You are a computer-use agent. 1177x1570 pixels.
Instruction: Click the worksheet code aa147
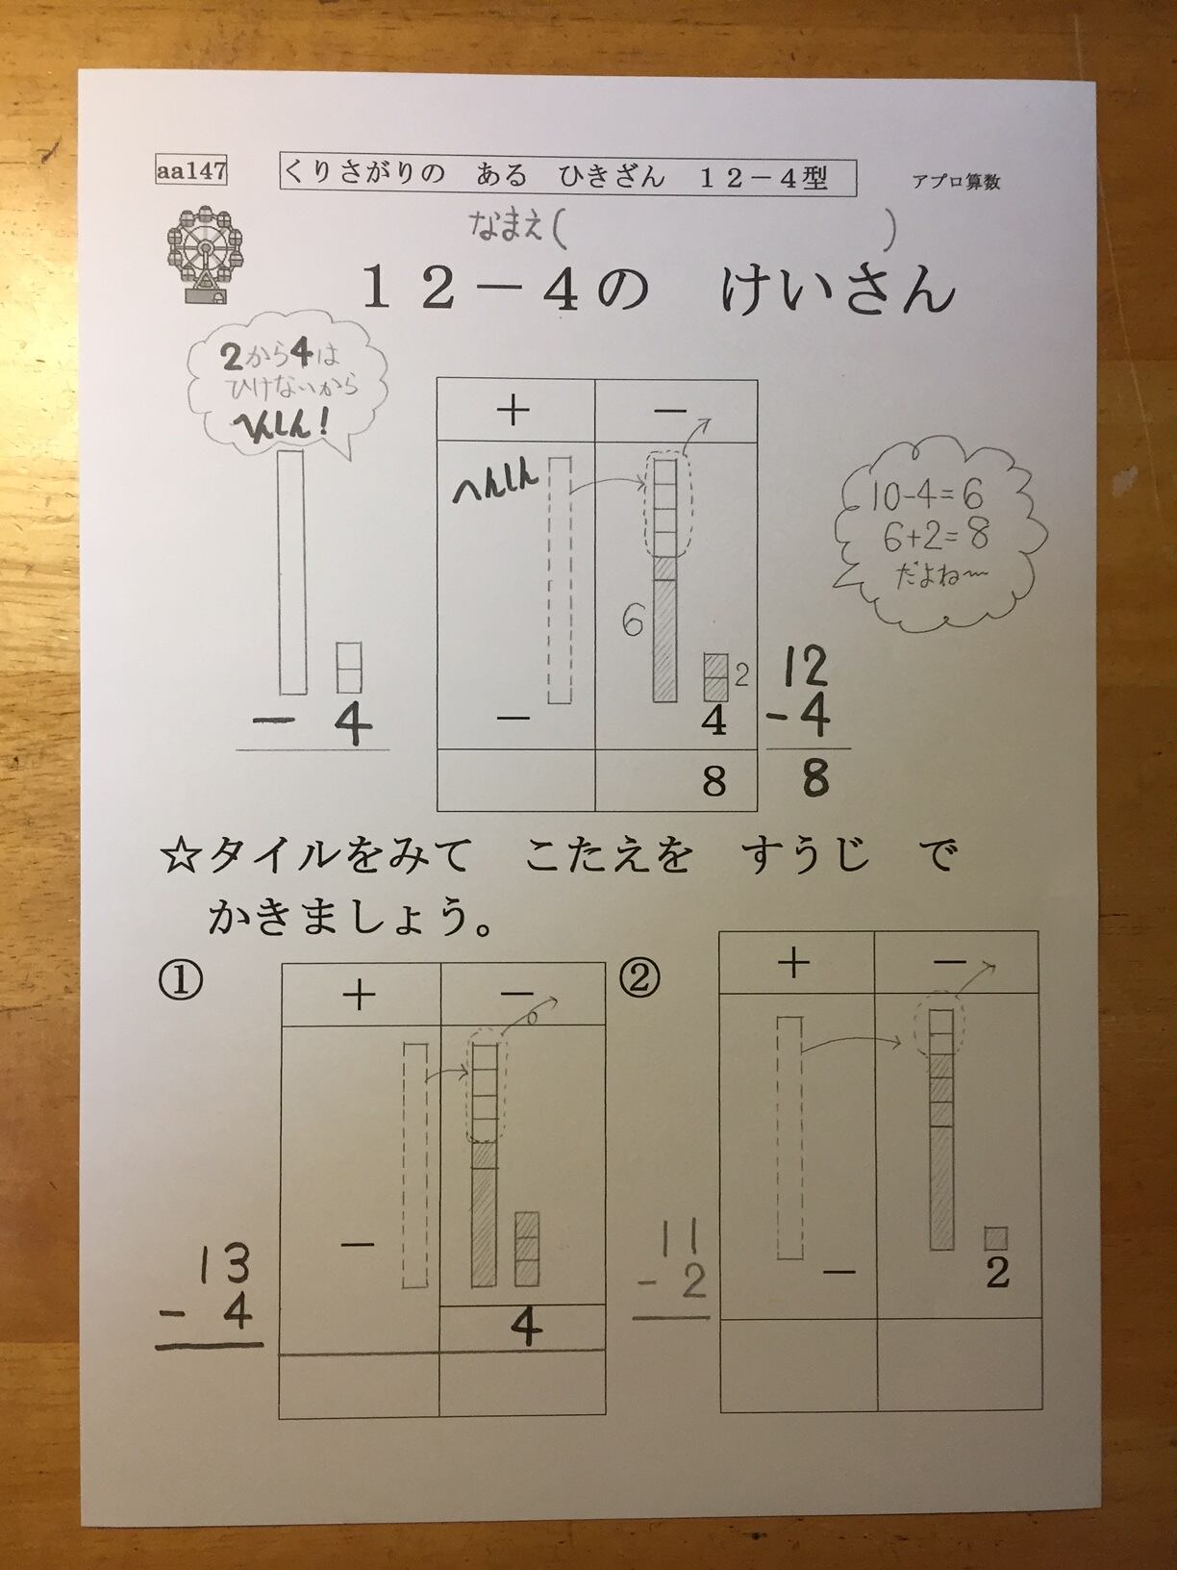click(190, 170)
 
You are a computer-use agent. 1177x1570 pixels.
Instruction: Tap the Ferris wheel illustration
click(205, 255)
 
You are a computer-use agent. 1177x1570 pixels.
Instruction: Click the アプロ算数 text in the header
click(956, 182)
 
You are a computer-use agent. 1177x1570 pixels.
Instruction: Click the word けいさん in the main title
click(838, 291)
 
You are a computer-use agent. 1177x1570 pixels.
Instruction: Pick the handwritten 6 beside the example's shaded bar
click(633, 620)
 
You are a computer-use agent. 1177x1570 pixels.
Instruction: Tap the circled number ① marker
click(180, 981)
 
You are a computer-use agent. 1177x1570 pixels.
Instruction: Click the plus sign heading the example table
click(513, 412)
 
